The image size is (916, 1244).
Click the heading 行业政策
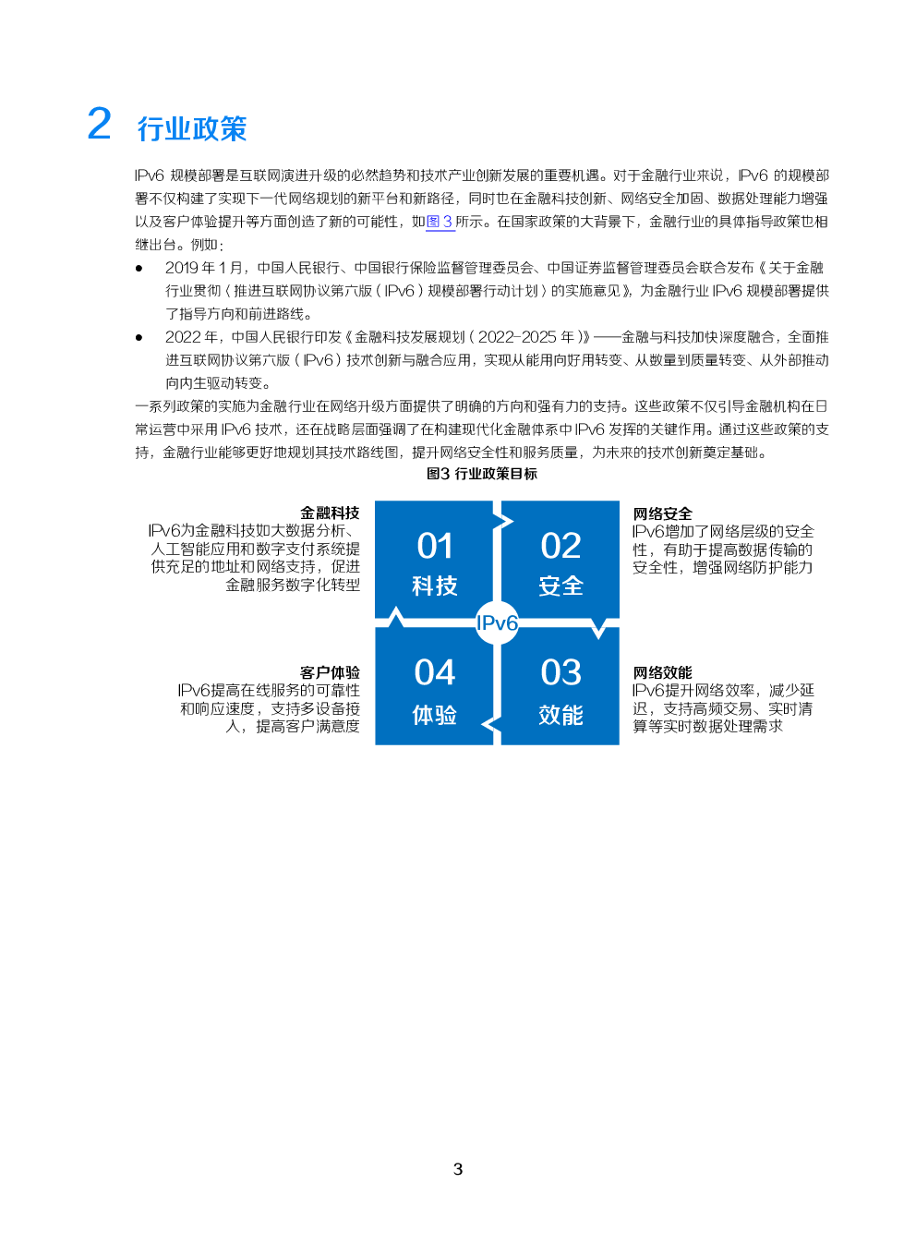pos(192,129)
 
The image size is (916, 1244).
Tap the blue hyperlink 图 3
pos(440,222)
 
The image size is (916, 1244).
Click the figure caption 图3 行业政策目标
pos(481,474)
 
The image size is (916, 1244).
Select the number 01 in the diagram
pos(435,546)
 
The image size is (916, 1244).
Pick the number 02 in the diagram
pos(560,546)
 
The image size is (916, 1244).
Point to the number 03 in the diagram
pos(560,672)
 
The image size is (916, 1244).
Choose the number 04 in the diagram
pos(435,672)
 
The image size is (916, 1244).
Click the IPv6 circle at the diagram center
pos(498,622)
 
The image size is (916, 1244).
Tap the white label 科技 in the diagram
pos(435,586)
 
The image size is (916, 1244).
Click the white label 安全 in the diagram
pos(560,586)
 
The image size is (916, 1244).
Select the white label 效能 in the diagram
pos(560,716)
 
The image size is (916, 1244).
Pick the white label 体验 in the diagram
pos(435,716)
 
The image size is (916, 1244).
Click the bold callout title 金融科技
pos(330,513)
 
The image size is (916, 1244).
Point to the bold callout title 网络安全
pos(663,513)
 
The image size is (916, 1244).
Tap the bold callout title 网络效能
pos(663,672)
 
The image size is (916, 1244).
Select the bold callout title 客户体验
pos(330,672)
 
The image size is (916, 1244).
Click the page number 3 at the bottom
pos(458,1169)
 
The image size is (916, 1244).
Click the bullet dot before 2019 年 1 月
pos(139,268)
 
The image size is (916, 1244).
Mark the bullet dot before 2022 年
pos(139,337)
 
